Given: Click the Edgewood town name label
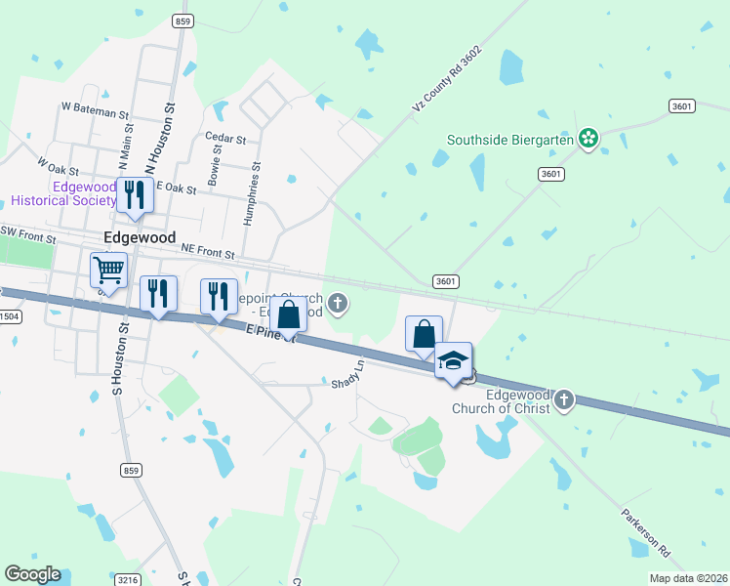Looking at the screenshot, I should [140, 237].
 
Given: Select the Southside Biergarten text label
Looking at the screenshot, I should [509, 140].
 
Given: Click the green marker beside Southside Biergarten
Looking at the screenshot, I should [588, 139].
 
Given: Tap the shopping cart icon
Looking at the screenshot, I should [109, 269].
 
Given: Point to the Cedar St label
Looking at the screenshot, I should [222, 138].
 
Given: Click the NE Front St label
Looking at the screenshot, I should [209, 252].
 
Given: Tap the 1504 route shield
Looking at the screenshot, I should [8, 316].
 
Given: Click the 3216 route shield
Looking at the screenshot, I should [128, 579].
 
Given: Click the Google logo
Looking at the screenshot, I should [32, 574].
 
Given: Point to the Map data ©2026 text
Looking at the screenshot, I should [688, 578].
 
